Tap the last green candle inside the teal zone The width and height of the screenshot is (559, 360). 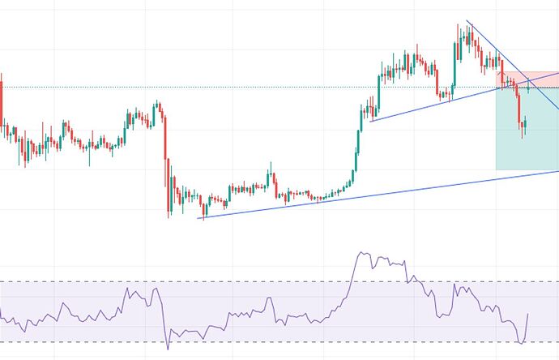tap(525, 126)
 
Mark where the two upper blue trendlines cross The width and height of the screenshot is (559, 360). tap(527, 80)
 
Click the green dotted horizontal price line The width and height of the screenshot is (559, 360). tap(243, 87)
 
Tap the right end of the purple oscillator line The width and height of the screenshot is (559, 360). tap(528, 315)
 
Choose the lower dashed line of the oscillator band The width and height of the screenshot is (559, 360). tap(243, 342)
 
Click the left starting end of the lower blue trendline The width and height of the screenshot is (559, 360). tap(201, 217)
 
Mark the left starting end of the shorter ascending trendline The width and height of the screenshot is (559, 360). tap(370, 121)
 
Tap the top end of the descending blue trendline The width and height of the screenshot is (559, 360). tap(467, 23)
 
